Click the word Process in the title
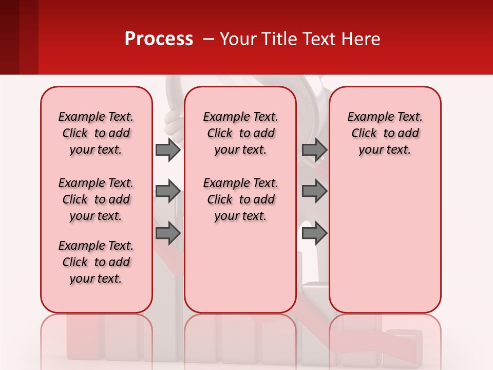click(x=159, y=39)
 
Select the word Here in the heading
click(x=362, y=39)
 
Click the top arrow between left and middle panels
click(x=168, y=150)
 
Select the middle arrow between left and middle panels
click(x=168, y=192)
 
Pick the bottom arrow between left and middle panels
click(x=168, y=233)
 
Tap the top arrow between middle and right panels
click(x=314, y=150)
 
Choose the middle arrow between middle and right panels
click(x=314, y=192)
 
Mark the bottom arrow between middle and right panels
click(x=314, y=233)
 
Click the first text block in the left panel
click(x=96, y=133)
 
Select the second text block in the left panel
click(x=96, y=199)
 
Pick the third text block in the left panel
click(x=96, y=262)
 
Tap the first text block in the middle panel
click(x=240, y=133)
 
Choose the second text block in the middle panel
click(x=240, y=199)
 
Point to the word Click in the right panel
click(x=364, y=134)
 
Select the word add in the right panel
click(x=409, y=134)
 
